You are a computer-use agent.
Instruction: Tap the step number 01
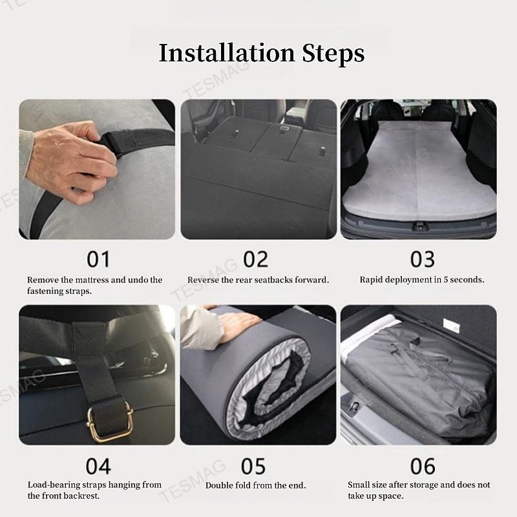coord(98,259)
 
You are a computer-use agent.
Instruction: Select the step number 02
coord(255,259)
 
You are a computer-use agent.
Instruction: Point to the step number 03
coord(422,259)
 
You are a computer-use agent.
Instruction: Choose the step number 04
coord(98,465)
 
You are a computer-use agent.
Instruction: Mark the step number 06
coord(422,465)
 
